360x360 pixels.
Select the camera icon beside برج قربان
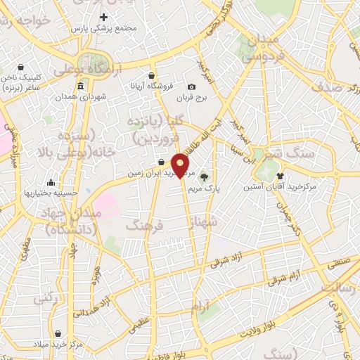[192, 86]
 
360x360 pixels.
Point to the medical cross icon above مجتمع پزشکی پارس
[104, 17]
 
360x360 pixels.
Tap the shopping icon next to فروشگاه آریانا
[152, 76]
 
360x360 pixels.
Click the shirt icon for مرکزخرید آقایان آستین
[281, 176]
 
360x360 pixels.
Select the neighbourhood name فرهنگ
[143, 225]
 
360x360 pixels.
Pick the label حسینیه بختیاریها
[50, 192]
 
